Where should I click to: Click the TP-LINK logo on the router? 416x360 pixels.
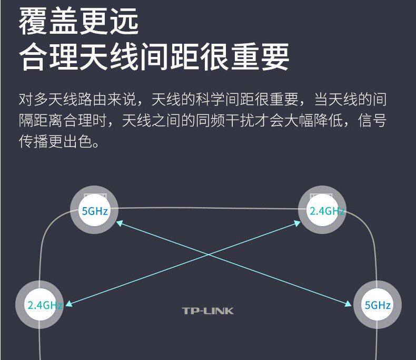[207, 310]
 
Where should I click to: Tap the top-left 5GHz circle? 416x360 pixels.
[94, 211]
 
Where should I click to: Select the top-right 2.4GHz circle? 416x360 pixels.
[322, 211]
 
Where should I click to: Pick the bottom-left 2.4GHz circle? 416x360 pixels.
[41, 305]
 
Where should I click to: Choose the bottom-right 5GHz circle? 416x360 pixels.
[377, 305]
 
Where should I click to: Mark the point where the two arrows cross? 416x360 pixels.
[209, 257]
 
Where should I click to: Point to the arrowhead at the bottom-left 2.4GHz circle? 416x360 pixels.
[68, 303]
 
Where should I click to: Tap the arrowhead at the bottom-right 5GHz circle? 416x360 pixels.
[349, 303]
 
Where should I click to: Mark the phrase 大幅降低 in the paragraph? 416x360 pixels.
[323, 121]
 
